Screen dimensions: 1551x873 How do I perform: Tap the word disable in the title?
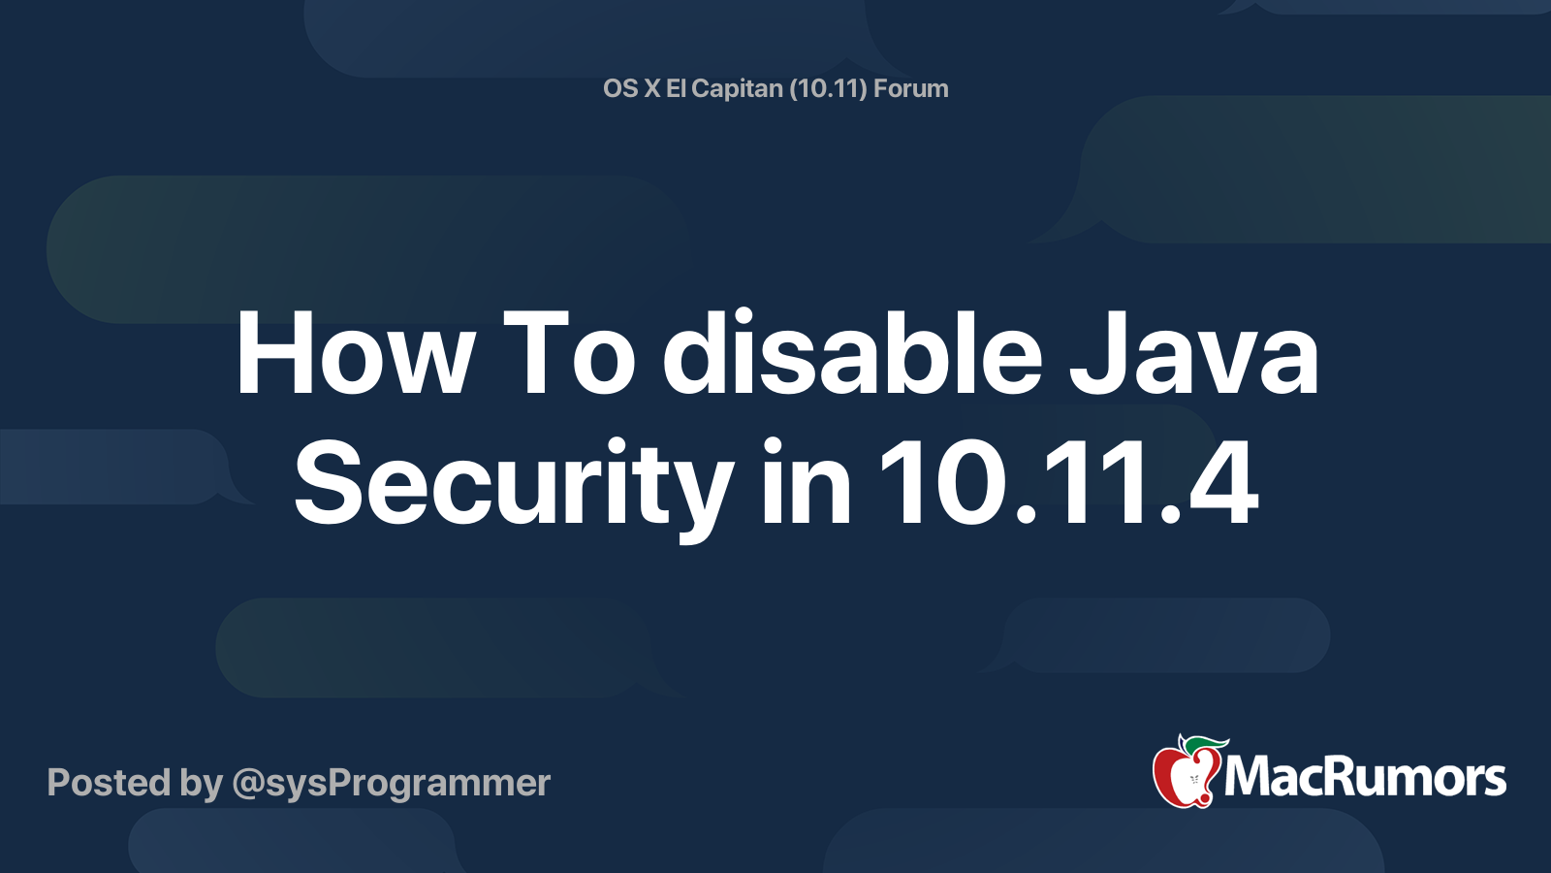pos(852,350)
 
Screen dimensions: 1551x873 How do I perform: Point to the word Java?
pos(1193,353)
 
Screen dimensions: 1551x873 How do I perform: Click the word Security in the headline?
pos(514,489)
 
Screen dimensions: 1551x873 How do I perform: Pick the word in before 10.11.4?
pos(806,481)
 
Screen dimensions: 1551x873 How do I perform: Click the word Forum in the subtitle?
pos(910,88)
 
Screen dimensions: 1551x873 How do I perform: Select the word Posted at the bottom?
pos(110,782)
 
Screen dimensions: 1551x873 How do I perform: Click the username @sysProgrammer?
pos(392,784)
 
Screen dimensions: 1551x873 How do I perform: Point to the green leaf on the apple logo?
pos(1206,745)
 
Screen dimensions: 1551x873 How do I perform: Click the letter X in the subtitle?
pos(652,88)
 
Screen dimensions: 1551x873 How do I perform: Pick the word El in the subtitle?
pos(675,88)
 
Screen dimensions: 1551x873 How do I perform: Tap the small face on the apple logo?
pos(1193,780)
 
